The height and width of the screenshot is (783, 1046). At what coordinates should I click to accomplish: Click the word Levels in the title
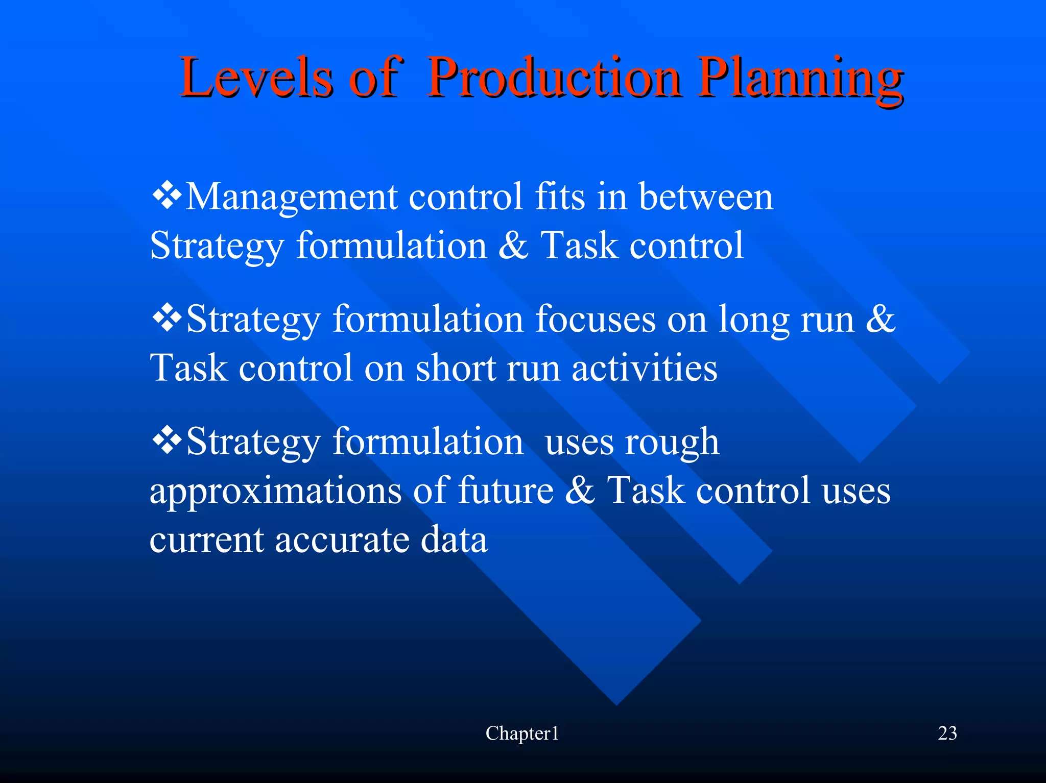(255, 78)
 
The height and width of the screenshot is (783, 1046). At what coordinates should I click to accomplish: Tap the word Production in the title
(554, 78)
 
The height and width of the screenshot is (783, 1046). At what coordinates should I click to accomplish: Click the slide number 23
(947, 733)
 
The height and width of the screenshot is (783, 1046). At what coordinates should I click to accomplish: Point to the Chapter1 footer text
(522, 733)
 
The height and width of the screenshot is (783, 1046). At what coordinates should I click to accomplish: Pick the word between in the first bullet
(706, 197)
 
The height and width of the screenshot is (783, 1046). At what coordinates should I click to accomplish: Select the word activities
(644, 368)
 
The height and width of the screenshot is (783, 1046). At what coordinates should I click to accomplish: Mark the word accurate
(342, 540)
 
